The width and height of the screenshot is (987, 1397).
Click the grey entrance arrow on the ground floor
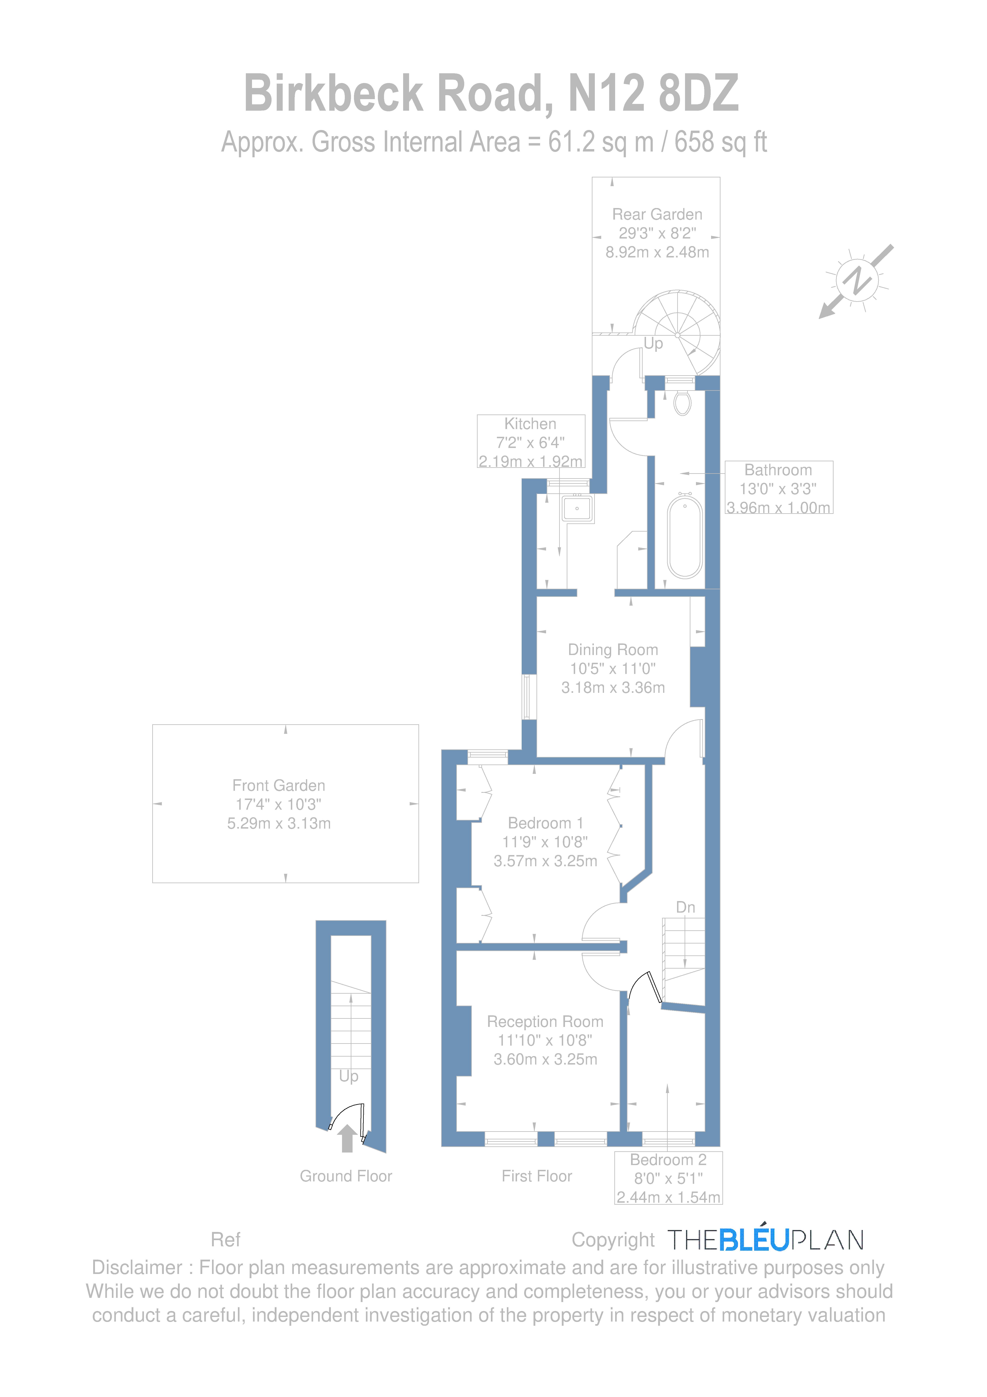tap(347, 1138)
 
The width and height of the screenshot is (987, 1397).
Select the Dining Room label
tap(613, 650)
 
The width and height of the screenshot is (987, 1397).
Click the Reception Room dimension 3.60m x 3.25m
tap(545, 1059)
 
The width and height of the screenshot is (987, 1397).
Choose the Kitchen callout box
tap(531, 442)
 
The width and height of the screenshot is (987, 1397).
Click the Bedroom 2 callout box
tap(668, 1178)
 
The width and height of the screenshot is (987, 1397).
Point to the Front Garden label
tap(279, 786)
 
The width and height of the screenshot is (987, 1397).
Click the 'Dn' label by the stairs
tap(685, 907)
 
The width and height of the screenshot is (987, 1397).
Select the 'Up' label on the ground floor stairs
tap(349, 1076)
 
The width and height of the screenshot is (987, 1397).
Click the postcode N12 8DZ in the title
tap(653, 93)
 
